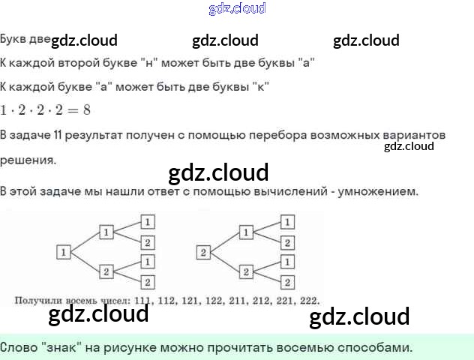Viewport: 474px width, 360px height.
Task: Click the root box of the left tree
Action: click(x=64, y=252)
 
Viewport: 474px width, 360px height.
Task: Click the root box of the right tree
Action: click(x=202, y=252)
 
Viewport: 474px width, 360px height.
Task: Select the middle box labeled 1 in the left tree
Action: click(x=106, y=232)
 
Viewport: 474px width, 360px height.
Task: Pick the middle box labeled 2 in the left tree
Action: click(x=106, y=271)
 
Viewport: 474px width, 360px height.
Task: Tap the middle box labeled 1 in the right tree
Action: click(x=244, y=232)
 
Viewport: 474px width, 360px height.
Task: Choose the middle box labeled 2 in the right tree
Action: click(x=244, y=271)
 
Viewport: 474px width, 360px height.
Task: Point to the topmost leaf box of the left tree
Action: click(x=148, y=222)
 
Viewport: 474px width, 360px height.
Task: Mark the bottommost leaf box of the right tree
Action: click(x=286, y=282)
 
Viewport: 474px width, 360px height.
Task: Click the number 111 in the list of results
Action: click(x=139, y=301)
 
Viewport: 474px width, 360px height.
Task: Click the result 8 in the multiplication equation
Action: click(x=87, y=109)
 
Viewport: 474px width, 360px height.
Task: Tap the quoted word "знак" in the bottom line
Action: click(x=58, y=348)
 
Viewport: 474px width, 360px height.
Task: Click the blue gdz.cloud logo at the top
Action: click(x=237, y=9)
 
